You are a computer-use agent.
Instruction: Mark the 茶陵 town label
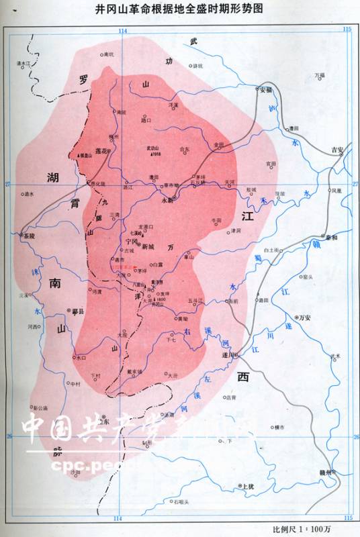pos(27,237)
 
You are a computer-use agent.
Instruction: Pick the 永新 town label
pos(168,199)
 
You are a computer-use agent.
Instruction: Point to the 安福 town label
pos(266,89)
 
